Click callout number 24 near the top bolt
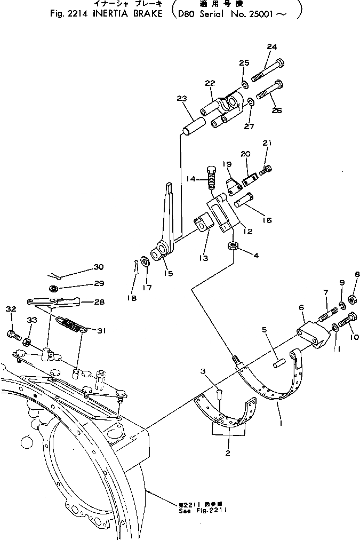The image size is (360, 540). point(271,47)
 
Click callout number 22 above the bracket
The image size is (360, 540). point(210,83)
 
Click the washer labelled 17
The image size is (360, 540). point(145,263)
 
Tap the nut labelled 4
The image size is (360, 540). point(233,246)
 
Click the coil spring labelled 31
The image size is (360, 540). point(73,324)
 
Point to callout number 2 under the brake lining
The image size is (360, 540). point(228,454)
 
